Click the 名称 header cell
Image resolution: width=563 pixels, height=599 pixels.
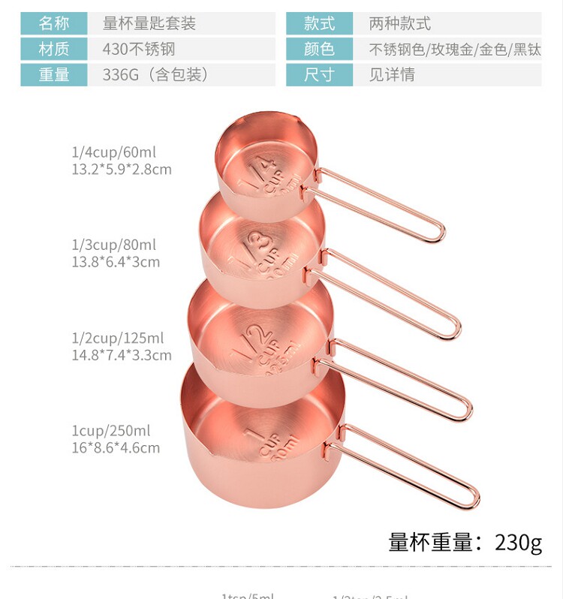pos(54,23)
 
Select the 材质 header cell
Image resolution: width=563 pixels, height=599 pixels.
pos(54,50)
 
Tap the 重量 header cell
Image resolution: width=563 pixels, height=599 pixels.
pos(54,75)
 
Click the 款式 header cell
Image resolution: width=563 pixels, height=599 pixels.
pos(319,23)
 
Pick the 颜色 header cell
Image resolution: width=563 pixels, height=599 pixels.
pos(319,50)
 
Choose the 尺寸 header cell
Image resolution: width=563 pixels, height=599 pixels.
pos(319,75)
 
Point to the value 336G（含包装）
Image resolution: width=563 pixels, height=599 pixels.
pos(155,75)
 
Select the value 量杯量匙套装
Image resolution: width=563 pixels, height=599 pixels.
pos(149,23)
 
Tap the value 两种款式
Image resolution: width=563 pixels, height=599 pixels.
pos(399,23)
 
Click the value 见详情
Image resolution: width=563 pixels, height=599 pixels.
pos(391,75)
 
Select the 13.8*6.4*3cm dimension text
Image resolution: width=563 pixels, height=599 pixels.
pos(116,262)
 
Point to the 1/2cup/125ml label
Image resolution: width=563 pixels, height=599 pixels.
pos(118,339)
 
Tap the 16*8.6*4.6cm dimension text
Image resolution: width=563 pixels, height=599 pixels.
pos(116,448)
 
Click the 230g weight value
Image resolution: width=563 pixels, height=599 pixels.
pos(518,541)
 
